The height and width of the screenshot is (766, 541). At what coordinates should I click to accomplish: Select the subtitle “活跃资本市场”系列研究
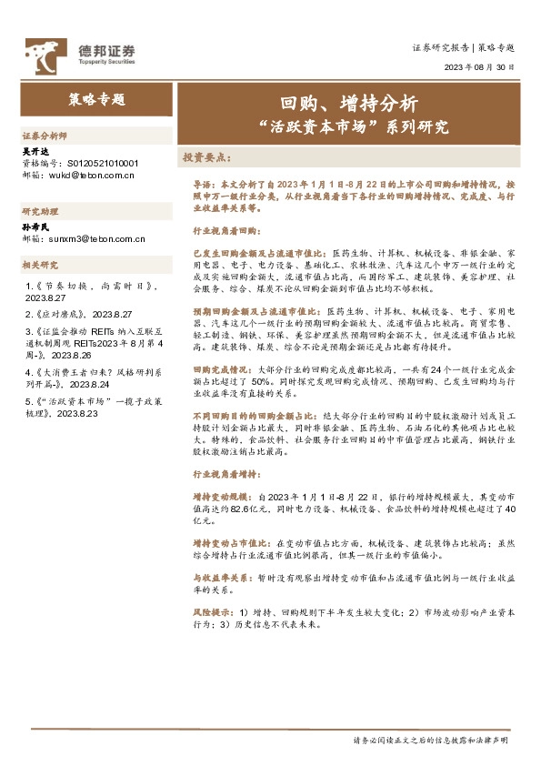tap(348, 127)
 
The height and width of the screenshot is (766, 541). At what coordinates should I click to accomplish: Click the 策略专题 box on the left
tap(95, 99)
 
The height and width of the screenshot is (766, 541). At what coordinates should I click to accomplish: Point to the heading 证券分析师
tap(45, 134)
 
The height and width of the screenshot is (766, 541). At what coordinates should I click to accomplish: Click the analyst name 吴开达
tap(35, 150)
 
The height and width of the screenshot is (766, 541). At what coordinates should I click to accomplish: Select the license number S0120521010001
tap(104, 164)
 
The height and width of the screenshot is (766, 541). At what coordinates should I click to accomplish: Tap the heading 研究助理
tap(39, 210)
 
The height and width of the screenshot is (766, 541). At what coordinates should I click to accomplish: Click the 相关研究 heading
tap(39, 265)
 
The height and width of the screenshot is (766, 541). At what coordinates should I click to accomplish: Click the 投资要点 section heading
tap(207, 156)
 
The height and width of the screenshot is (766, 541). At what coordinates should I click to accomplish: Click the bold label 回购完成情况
tap(218, 371)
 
